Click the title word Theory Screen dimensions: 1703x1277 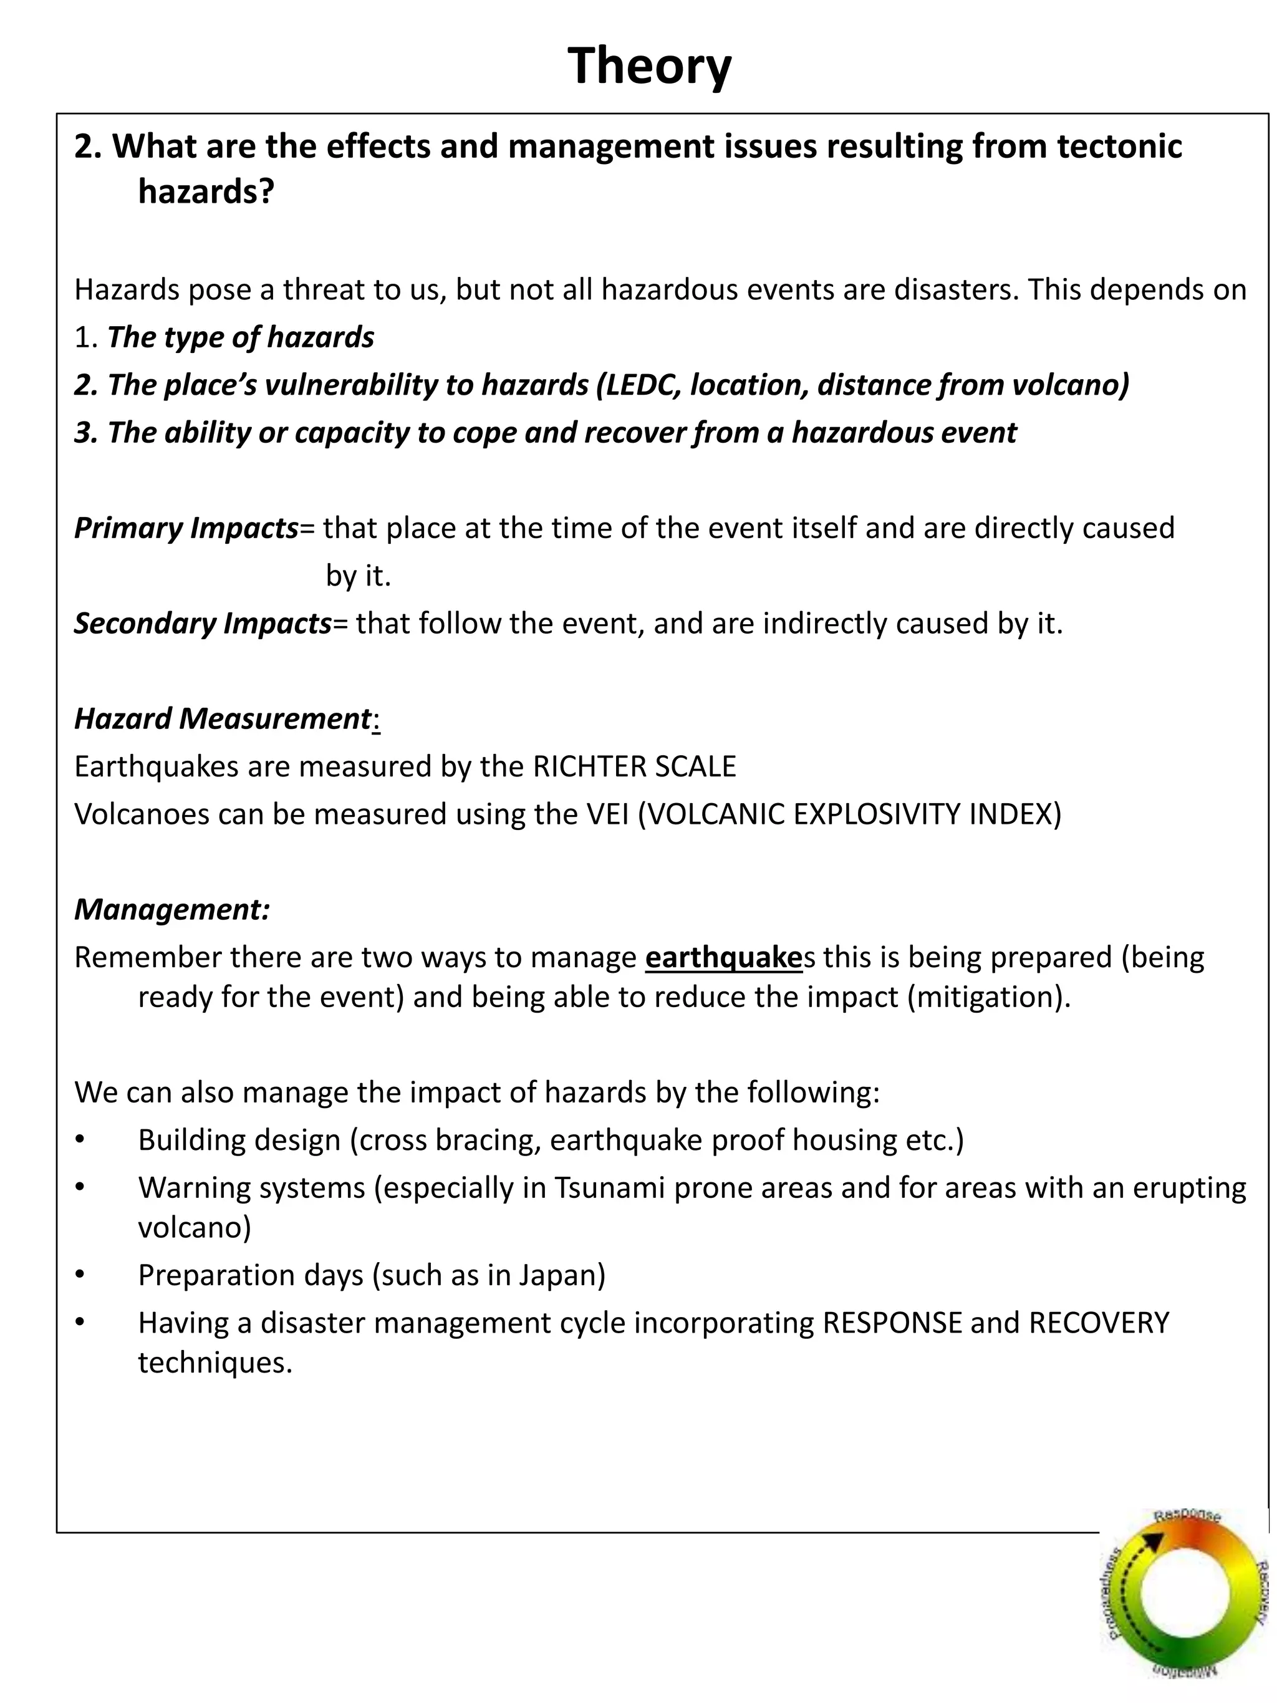pos(649,66)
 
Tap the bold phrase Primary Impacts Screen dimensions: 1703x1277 pos(186,528)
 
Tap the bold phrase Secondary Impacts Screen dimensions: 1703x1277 pos(203,623)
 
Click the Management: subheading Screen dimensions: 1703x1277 pos(171,909)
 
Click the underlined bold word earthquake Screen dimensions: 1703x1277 pos(723,957)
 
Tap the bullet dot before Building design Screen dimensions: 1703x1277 pos(80,1140)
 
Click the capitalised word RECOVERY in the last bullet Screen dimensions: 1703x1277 pos(1099,1323)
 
